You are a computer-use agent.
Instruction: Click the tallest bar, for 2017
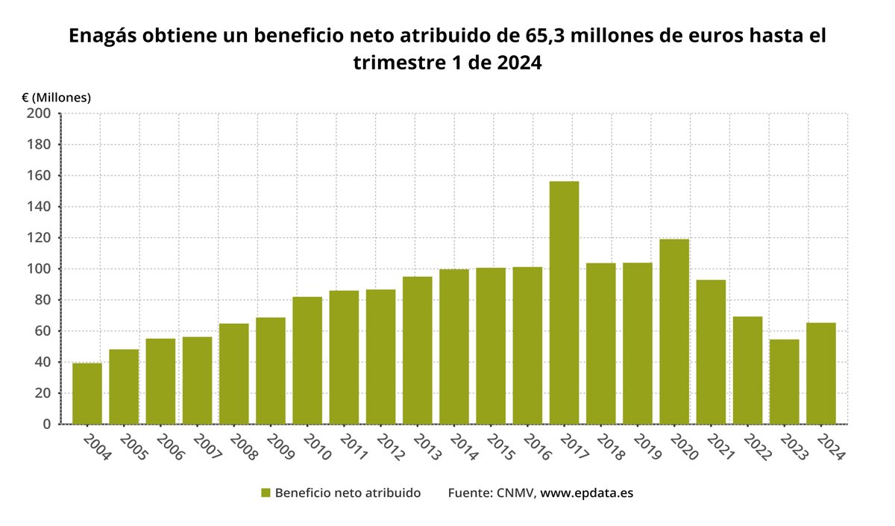[564, 302]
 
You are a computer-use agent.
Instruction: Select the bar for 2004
[87, 393]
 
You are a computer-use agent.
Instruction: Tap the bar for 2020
[674, 331]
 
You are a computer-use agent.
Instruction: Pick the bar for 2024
[821, 373]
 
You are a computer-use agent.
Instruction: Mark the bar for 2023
[784, 381]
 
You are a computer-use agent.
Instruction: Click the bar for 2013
[417, 350]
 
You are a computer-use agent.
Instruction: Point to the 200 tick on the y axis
[39, 113]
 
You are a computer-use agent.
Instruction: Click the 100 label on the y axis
[39, 269]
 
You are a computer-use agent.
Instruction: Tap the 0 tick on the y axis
[46, 424]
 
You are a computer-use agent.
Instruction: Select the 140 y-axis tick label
[39, 207]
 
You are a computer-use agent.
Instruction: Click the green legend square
[265, 493]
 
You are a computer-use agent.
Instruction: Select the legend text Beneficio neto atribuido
[348, 493]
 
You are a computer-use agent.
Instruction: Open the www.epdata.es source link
[586, 493]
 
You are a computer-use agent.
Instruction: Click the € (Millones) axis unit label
[56, 97]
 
